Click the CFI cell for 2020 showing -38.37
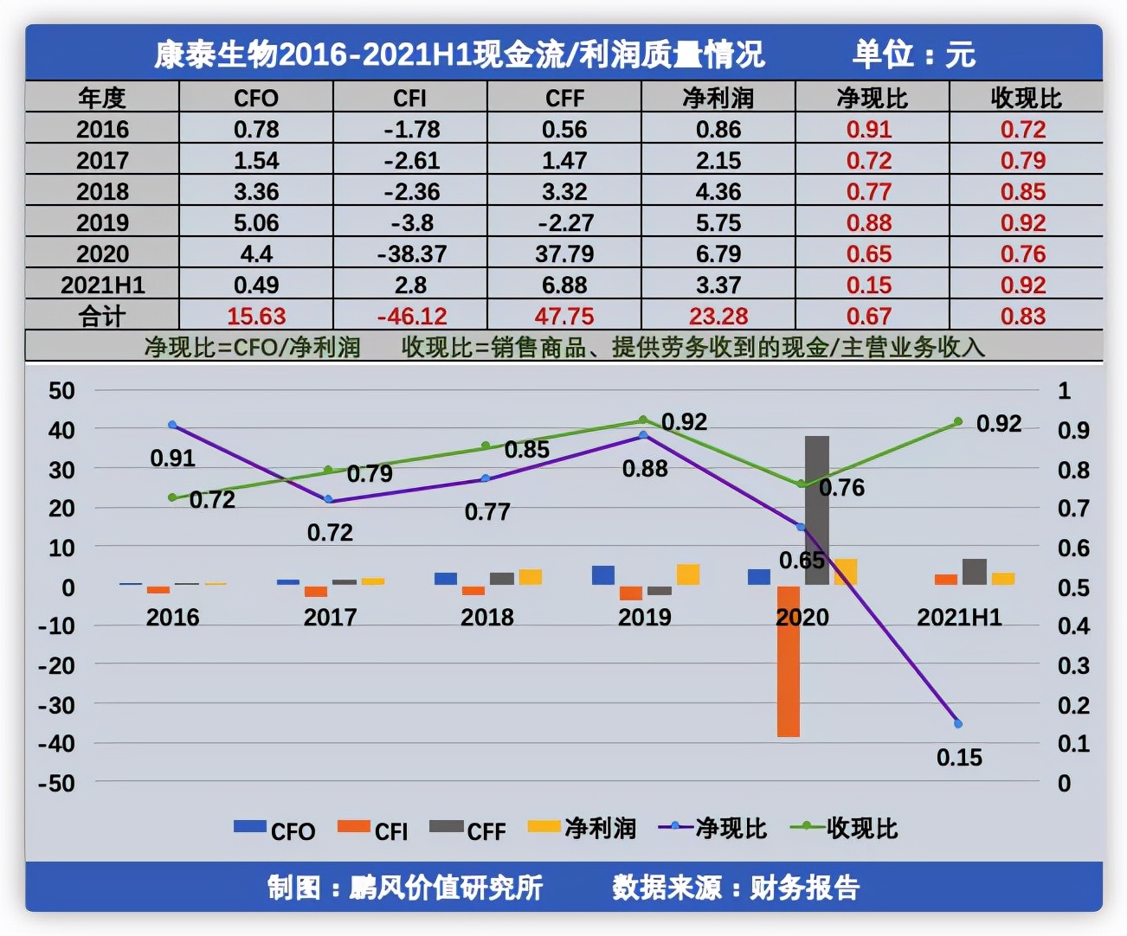[411, 253]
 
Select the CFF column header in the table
[564, 98]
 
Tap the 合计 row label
[102, 316]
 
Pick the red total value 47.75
[564, 316]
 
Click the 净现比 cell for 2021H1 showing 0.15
[869, 285]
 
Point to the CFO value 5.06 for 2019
[256, 222]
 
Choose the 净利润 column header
[718, 98]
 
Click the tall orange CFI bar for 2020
[788, 662]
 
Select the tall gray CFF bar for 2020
[816, 510]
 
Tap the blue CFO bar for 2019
[603, 575]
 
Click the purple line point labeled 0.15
[958, 723]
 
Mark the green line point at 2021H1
[958, 422]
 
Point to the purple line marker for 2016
[172, 425]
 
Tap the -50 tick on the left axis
[56, 783]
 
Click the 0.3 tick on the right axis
[1073, 665]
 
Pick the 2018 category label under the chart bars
[486, 617]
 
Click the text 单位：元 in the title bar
[914, 54]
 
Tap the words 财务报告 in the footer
[804, 887]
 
